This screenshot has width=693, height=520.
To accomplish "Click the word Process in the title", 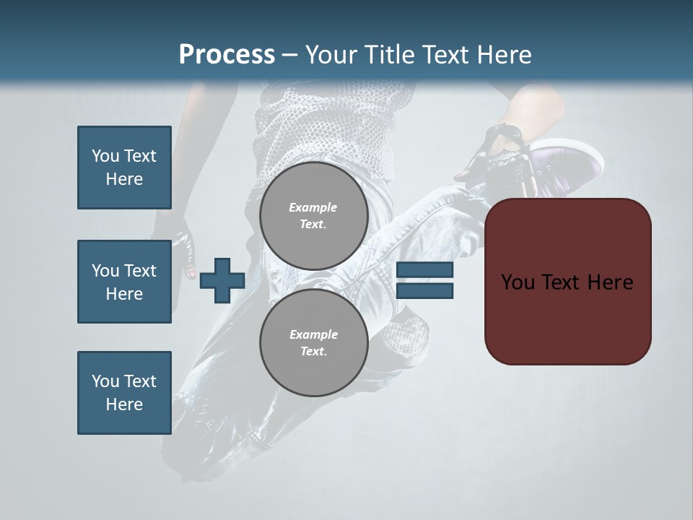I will [227, 54].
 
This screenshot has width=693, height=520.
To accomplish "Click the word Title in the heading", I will [389, 54].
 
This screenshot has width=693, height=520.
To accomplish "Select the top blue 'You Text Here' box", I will [124, 168].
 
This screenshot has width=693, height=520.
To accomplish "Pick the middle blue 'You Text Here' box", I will [124, 282].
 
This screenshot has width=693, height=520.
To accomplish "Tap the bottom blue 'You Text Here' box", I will [124, 393].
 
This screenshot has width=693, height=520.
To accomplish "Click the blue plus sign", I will [222, 280].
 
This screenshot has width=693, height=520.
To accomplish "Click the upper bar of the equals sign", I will [425, 269].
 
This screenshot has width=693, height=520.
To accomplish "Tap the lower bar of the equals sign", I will [425, 291].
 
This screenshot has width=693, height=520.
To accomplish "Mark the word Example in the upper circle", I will [313, 207].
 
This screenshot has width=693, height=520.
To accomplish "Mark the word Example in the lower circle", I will [313, 334].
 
